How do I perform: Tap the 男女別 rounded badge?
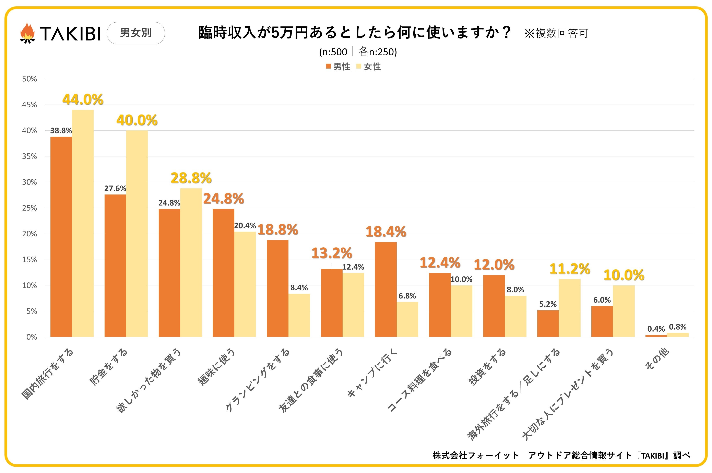point(136,33)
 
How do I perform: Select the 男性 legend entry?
point(338,67)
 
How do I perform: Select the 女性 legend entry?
point(369,67)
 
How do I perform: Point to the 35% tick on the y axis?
point(29,156)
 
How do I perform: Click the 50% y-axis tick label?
point(29,79)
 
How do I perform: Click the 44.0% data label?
point(83,99)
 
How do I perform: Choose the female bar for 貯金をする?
point(137,234)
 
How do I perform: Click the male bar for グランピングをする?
point(277,288)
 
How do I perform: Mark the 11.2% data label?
point(570,269)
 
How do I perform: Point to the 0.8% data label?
point(678,327)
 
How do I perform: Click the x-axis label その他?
point(657,359)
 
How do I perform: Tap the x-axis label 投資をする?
point(487,367)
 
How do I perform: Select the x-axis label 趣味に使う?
point(216,367)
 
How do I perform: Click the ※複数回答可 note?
point(556,33)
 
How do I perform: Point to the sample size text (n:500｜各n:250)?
point(358,52)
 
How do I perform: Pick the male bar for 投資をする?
point(494,306)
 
